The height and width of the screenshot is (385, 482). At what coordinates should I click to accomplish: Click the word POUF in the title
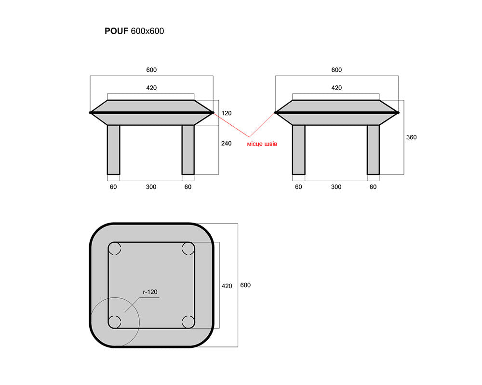pyautogui.click(x=116, y=31)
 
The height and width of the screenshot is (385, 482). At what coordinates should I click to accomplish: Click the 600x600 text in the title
pyautogui.click(x=147, y=31)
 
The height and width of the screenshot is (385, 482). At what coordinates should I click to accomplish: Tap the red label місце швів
pyautogui.click(x=262, y=144)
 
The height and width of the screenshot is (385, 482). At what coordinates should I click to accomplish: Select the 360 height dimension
pyautogui.click(x=411, y=137)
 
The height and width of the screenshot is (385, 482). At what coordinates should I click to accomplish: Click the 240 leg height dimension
pyautogui.click(x=226, y=144)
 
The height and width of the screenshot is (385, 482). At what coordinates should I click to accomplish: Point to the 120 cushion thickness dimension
pyautogui.click(x=226, y=113)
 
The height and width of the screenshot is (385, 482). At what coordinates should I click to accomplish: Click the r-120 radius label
pyautogui.click(x=150, y=292)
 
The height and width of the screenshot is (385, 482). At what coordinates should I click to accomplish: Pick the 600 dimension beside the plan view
pyautogui.click(x=245, y=285)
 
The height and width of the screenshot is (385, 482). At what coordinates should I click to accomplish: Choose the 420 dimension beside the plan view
pyautogui.click(x=227, y=286)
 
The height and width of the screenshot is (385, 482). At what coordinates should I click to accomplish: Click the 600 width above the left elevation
pyautogui.click(x=151, y=70)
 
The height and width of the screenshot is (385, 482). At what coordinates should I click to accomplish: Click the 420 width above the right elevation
pyautogui.click(x=336, y=88)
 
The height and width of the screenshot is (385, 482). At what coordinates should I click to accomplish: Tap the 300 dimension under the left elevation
pyautogui.click(x=151, y=187)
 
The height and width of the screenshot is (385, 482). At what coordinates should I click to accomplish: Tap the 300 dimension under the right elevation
pyautogui.click(x=336, y=187)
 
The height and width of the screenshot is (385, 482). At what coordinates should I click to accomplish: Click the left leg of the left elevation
pyautogui.click(x=113, y=150)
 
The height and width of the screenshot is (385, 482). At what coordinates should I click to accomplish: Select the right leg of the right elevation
pyautogui.click(x=373, y=150)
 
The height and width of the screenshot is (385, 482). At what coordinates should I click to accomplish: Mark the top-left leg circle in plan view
pyautogui.click(x=114, y=248)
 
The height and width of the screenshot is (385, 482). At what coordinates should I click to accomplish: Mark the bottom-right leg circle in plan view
pyautogui.click(x=188, y=322)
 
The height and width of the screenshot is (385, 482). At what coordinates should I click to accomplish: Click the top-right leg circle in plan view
pyautogui.click(x=188, y=248)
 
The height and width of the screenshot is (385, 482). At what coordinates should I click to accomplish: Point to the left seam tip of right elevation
pyautogui.click(x=275, y=113)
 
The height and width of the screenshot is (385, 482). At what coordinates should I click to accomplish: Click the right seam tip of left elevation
pyautogui.click(x=213, y=113)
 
